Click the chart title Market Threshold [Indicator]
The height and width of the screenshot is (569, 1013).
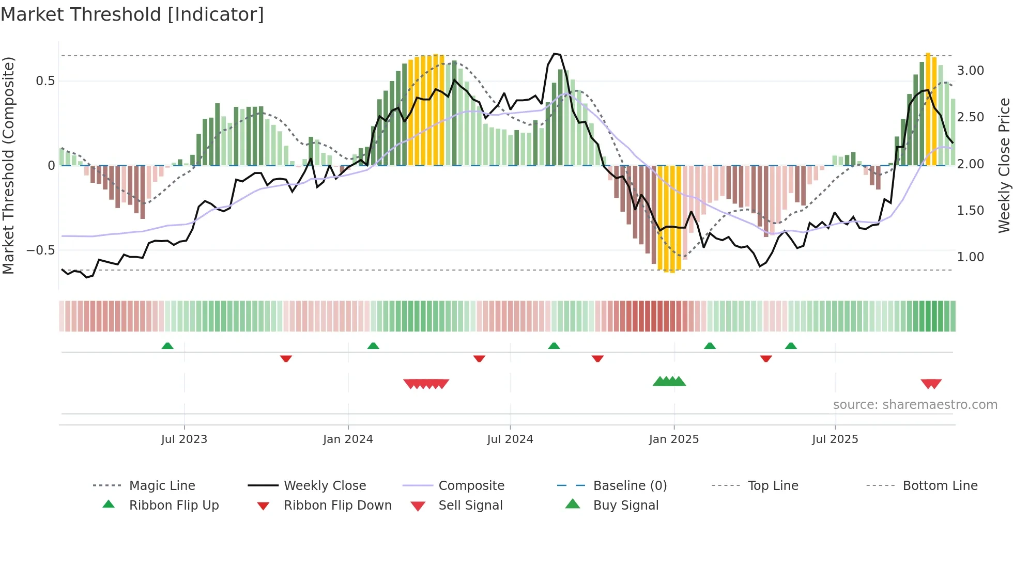pos(132,14)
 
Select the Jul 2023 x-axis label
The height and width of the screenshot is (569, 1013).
pos(184,439)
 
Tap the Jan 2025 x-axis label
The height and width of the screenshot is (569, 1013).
pos(673,439)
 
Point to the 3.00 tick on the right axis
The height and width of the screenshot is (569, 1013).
pos(970,71)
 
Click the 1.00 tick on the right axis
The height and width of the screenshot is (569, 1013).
pos(970,257)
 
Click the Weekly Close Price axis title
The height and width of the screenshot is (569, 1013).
pos(1004,165)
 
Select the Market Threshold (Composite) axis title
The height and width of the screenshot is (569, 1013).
pos(8,165)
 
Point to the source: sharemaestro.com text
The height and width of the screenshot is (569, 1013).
pos(915,405)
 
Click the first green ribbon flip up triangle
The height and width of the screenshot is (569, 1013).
pos(167,346)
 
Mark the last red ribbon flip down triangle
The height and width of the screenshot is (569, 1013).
pos(766,358)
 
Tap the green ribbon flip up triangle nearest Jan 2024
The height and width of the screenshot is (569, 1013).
pos(373,346)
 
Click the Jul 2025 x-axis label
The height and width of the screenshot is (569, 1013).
pos(835,439)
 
